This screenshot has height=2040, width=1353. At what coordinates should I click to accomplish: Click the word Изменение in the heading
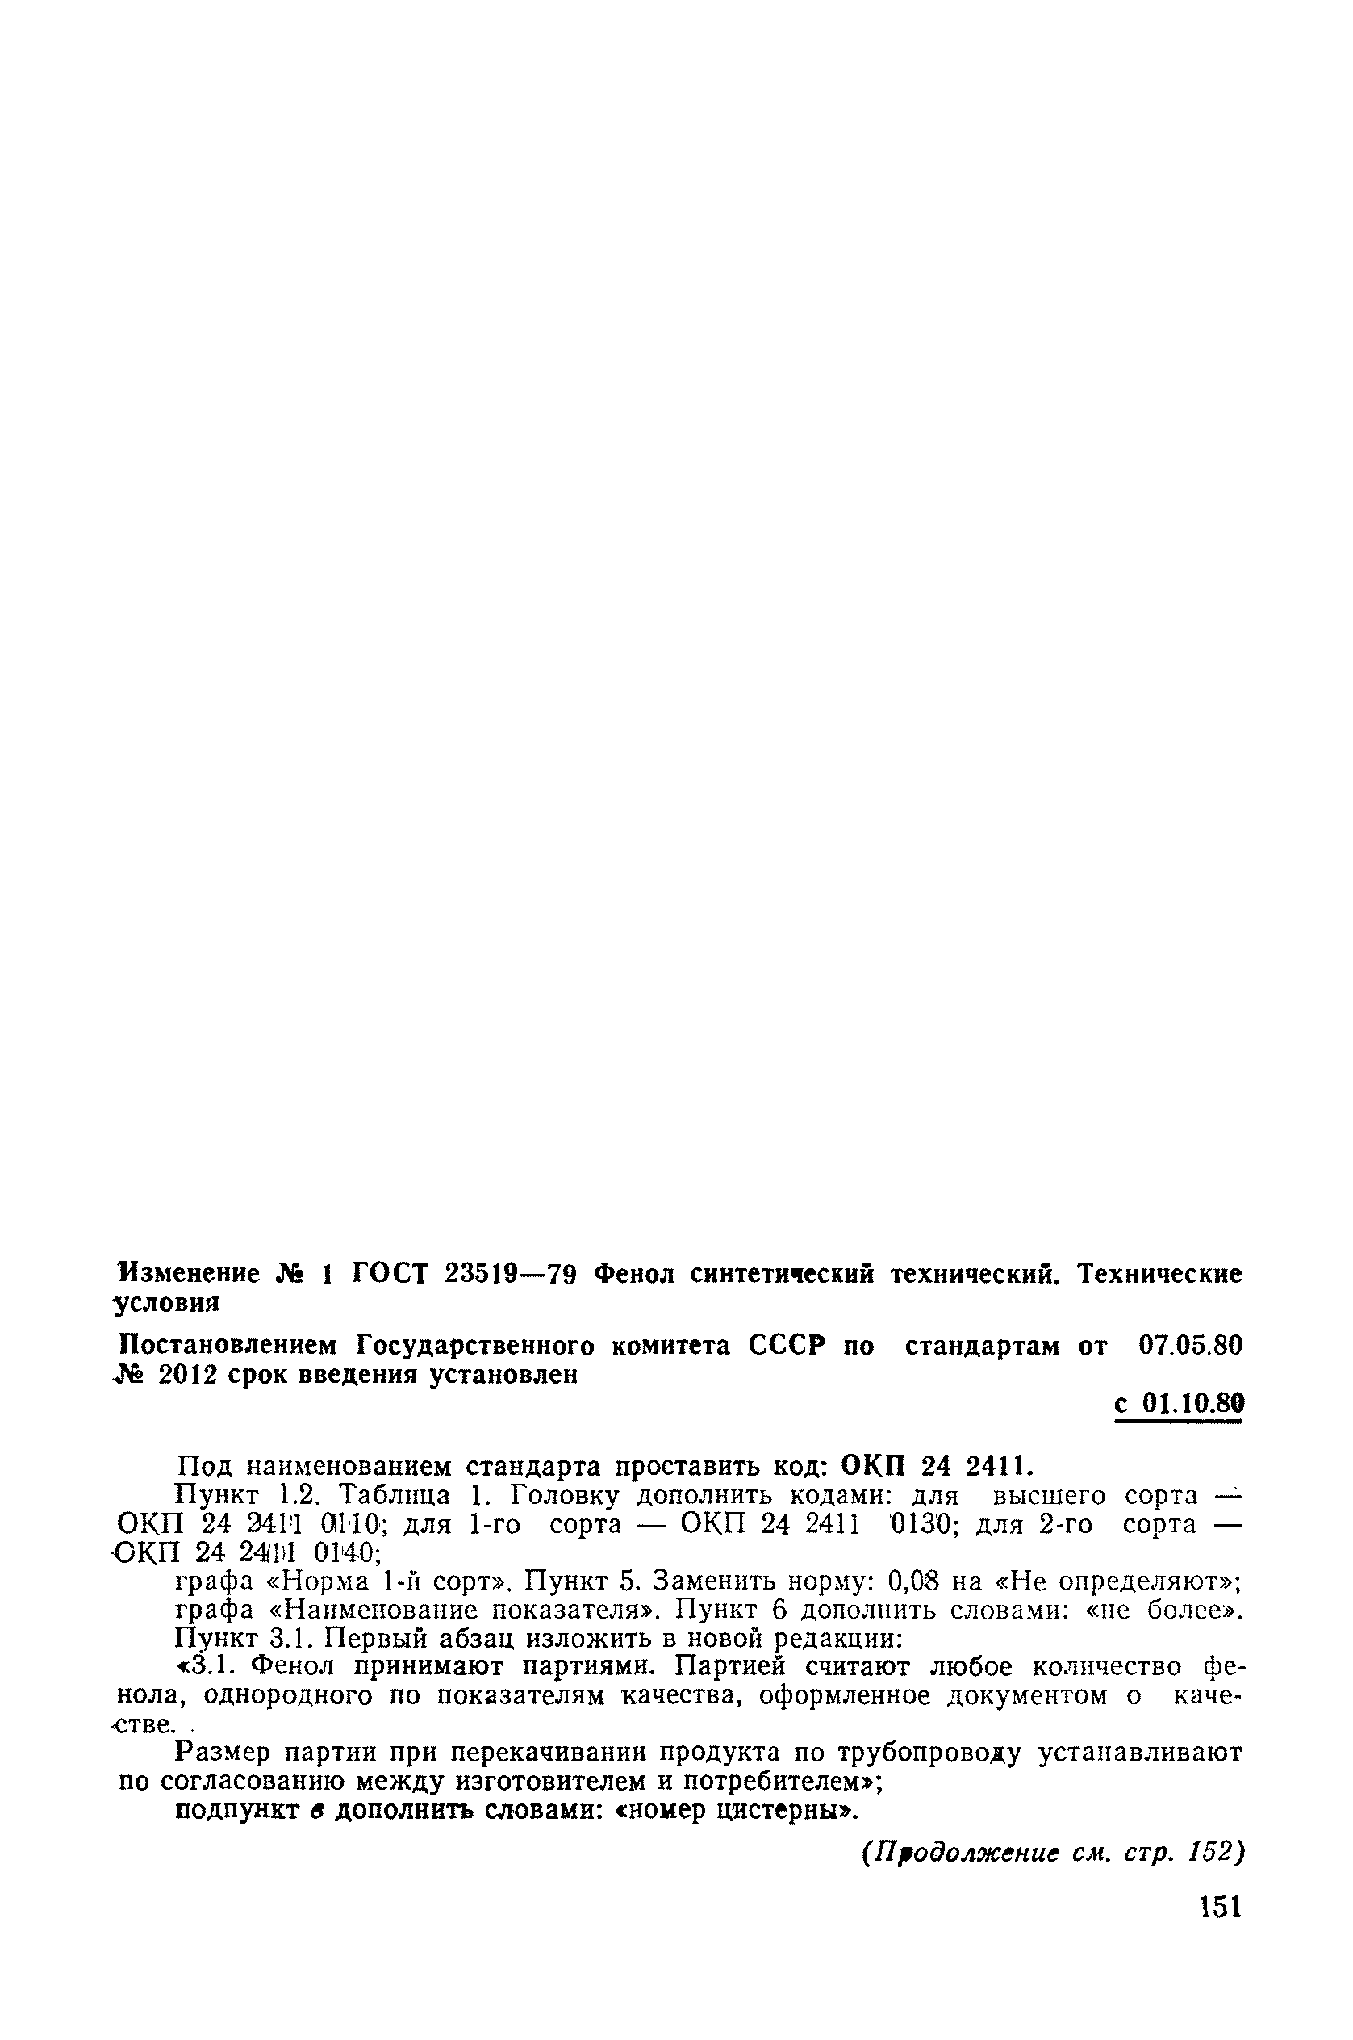pos(189,1273)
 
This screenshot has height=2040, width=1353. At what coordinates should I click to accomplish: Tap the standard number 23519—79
pos(511,1273)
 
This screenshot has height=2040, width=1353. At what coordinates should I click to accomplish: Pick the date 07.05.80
pos(1190,1345)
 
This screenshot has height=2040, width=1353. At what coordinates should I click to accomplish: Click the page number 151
pos(1220,1906)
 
